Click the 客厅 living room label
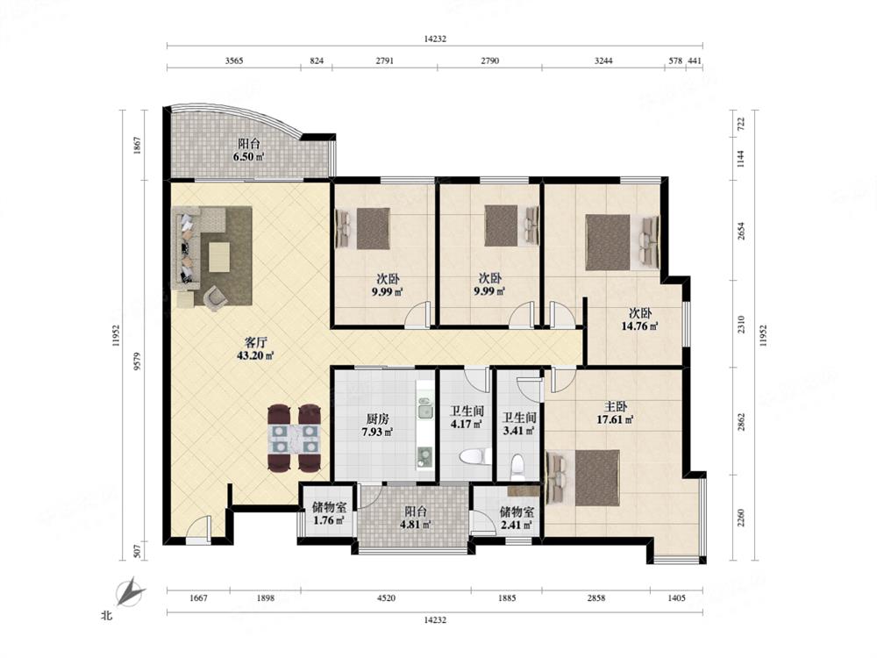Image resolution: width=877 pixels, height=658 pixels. [x=255, y=342]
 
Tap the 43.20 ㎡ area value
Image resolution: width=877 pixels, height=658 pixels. [x=255, y=355]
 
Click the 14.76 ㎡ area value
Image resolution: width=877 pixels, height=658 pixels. [x=639, y=326]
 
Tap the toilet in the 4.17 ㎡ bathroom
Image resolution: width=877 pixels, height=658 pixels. [x=474, y=457]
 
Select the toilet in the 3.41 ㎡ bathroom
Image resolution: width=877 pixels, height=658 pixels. [x=518, y=466]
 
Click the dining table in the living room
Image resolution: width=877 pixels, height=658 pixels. [x=294, y=438]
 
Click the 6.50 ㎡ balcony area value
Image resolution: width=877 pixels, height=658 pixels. [x=248, y=157]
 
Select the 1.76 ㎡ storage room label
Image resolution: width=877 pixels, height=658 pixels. [x=329, y=507]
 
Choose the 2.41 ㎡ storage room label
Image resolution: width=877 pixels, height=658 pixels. [x=517, y=511]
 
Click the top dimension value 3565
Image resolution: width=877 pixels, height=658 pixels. [x=234, y=61]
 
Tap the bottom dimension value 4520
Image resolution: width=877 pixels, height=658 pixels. [x=386, y=598]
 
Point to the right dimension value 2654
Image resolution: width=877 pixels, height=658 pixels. [x=740, y=231]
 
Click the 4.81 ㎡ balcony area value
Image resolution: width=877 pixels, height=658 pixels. [x=415, y=525]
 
